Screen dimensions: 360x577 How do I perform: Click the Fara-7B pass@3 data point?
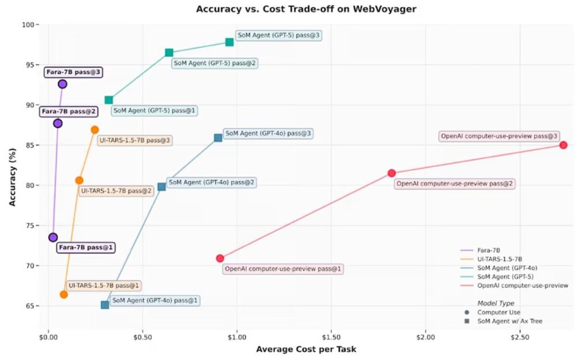(x=62, y=84)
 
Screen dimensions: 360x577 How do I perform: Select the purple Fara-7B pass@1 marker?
(x=53, y=237)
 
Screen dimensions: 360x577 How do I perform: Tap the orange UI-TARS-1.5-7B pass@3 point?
(x=95, y=130)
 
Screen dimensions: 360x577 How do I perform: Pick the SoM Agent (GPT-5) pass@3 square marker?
(x=229, y=42)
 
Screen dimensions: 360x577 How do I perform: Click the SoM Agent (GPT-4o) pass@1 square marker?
(x=105, y=305)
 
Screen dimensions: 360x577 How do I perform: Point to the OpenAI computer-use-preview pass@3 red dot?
(x=563, y=145)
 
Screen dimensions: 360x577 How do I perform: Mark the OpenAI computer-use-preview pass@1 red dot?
(x=220, y=258)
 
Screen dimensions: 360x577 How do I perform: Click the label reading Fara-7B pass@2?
(x=69, y=112)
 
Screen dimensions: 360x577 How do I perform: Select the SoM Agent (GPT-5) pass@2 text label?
(x=215, y=63)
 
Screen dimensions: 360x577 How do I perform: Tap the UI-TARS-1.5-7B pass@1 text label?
(x=103, y=286)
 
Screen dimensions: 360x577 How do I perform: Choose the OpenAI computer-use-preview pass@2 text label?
(x=454, y=184)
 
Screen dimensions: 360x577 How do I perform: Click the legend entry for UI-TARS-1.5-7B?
(x=500, y=259)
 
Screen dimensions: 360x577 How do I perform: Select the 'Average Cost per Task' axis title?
(x=306, y=349)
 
